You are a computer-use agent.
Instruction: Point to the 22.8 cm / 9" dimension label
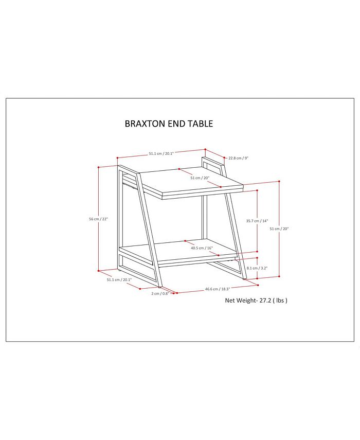point(238,158)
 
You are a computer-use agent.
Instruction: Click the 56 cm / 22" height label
point(98,219)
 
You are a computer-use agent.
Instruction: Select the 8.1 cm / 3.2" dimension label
point(257,268)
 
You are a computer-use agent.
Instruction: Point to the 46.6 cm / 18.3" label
point(216,289)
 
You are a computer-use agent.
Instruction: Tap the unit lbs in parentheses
point(280,300)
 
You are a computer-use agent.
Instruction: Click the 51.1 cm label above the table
point(161,153)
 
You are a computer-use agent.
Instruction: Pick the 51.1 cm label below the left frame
point(119,280)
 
